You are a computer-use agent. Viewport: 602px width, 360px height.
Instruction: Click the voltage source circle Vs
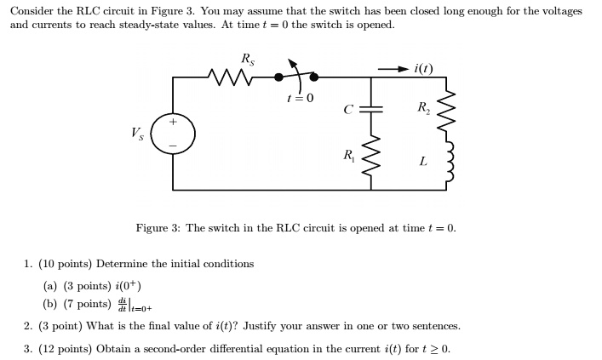pyautogui.click(x=174, y=134)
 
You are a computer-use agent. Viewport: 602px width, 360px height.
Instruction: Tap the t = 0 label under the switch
pyautogui.click(x=300, y=98)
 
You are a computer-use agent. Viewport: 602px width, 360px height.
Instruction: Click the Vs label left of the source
pyautogui.click(x=137, y=133)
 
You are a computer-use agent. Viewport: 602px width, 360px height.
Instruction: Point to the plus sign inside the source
pyautogui.click(x=174, y=123)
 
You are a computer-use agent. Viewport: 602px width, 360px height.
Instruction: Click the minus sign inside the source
pyautogui.click(x=174, y=146)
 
